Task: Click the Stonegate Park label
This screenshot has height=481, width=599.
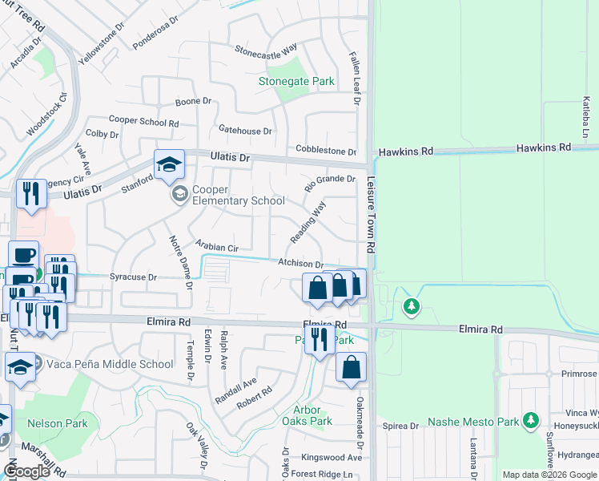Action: (296, 81)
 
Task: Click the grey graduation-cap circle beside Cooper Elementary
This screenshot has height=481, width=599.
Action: (179, 194)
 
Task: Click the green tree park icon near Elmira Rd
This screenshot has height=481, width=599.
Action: (412, 306)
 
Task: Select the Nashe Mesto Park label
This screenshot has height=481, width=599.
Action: (472, 422)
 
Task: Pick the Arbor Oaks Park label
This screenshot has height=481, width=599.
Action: (307, 415)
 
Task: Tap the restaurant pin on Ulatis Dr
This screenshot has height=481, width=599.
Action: (31, 193)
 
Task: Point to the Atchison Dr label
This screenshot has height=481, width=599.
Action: (300, 264)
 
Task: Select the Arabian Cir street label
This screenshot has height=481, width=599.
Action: (217, 247)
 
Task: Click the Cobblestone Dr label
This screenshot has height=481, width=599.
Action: (325, 151)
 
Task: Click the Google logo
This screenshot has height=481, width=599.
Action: (26, 471)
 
